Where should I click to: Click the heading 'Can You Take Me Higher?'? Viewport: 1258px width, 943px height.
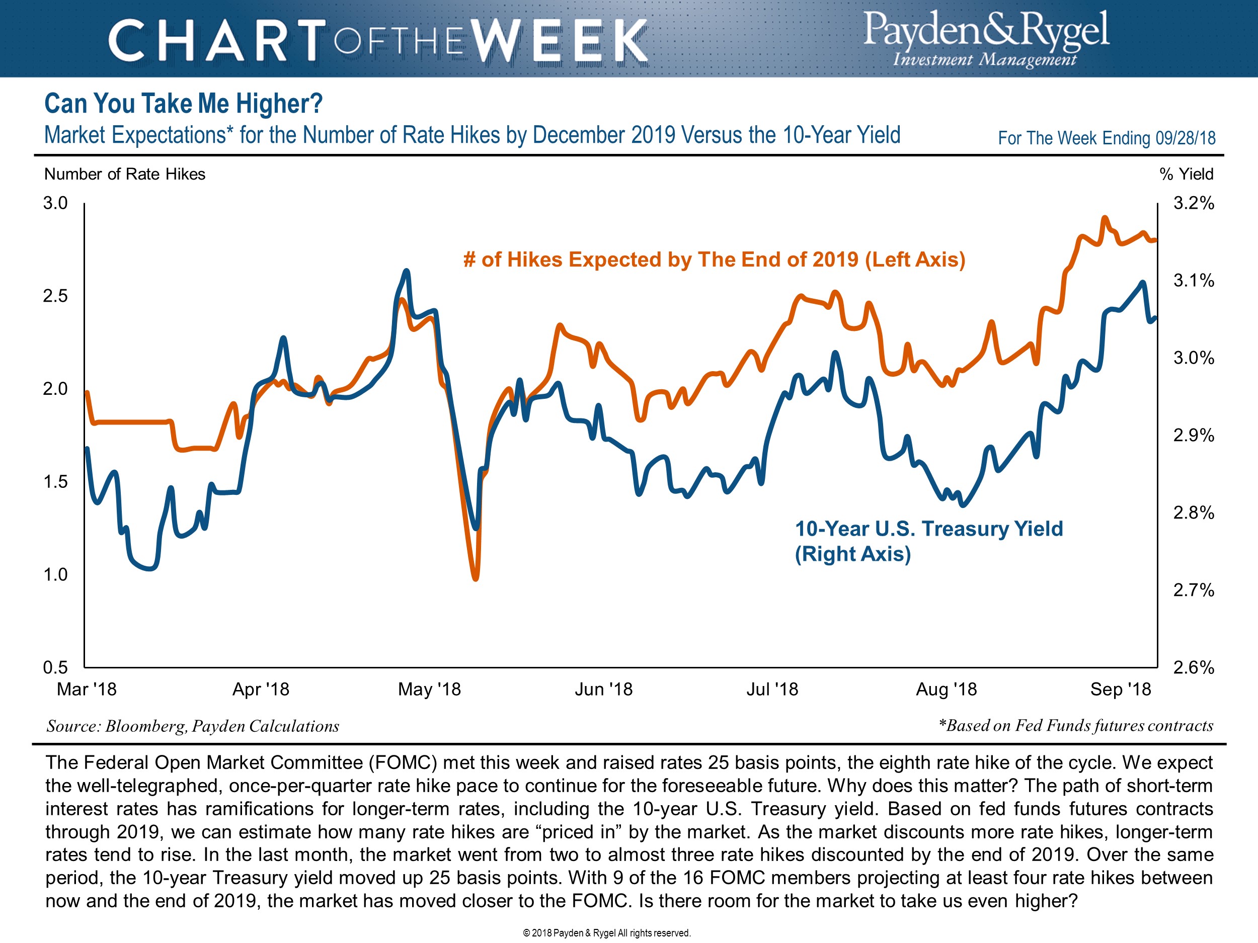pos(183,104)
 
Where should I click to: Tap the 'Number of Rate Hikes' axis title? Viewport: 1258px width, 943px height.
pos(125,174)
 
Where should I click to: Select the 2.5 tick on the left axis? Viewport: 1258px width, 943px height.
pos(55,296)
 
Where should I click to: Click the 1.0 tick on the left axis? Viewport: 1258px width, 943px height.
pos(55,575)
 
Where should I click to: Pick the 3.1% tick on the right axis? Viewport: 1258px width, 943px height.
pos(1194,281)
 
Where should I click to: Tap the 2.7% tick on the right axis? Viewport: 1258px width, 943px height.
pos(1194,590)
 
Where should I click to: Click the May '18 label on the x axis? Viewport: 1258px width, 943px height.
pos(429,690)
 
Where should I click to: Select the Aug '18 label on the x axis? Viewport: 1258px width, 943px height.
pos(946,690)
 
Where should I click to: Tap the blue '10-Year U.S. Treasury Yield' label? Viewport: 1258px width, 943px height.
pos(928,540)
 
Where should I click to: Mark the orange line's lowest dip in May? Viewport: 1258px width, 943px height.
pos(476,578)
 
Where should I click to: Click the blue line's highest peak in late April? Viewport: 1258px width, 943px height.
pos(406,271)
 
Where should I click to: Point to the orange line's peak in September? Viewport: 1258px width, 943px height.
pos(1105,218)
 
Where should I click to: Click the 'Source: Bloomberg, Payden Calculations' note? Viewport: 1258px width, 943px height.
pos(193,726)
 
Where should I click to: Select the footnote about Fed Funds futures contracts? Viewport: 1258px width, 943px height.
pos(1075,725)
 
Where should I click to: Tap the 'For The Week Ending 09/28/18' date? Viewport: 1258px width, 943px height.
pos(1107,138)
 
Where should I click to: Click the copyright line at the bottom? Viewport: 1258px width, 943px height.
pos(606,933)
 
